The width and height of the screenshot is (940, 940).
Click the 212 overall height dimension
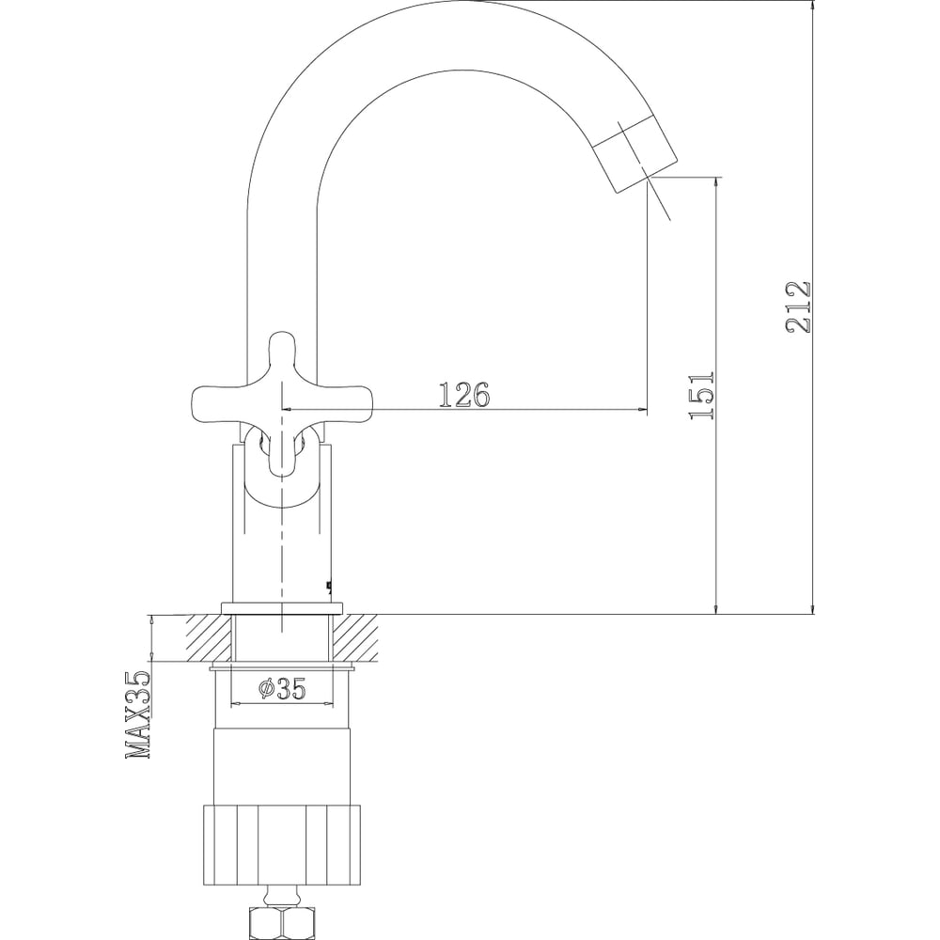point(798,307)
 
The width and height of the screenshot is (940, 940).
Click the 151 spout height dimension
point(702,395)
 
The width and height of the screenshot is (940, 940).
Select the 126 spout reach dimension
point(464,395)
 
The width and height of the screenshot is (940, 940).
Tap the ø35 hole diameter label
point(282,688)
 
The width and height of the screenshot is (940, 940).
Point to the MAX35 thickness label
point(138,715)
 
